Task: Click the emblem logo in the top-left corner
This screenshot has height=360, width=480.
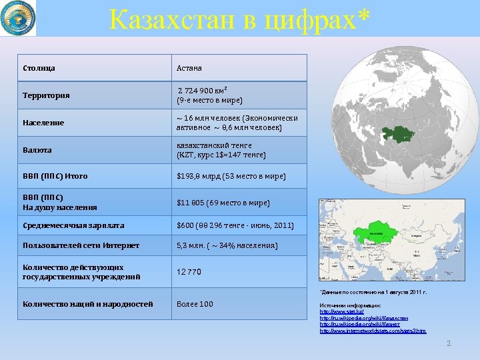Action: pos(18,18)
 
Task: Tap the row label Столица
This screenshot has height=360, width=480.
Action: pos(39,68)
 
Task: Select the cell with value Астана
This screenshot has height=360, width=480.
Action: pos(189,68)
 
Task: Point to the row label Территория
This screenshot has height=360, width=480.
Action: pos(46,95)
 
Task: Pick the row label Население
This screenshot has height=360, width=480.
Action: pos(43,123)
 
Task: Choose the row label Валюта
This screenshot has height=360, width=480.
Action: pos(37,150)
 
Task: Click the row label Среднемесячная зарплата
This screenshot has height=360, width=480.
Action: pos(73,225)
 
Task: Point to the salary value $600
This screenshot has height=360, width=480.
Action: pos(185,225)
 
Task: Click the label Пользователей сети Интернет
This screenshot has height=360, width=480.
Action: pos(81,245)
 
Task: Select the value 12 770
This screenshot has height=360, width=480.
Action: pos(189,272)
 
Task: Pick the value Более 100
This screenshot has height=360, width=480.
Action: pos(195,304)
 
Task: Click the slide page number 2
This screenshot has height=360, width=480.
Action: pos(449,343)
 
